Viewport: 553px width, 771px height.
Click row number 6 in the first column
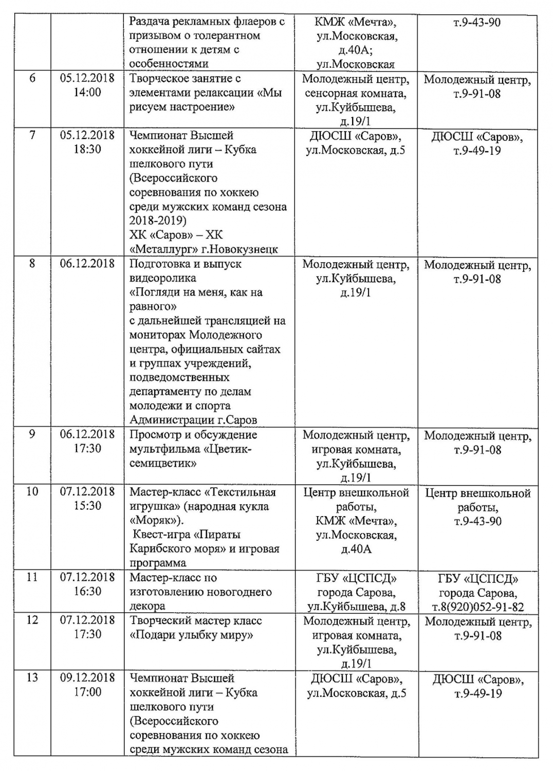tap(32, 79)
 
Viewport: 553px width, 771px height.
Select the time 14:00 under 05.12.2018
tap(87, 93)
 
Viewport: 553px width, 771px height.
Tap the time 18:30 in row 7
tap(87, 150)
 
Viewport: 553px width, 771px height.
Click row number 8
tap(32, 264)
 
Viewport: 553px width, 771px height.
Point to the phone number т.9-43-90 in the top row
tap(477, 23)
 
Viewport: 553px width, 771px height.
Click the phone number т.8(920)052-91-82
tap(477, 607)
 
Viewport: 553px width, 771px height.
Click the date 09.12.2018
tap(87, 677)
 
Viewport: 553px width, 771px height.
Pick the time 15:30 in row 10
tap(87, 506)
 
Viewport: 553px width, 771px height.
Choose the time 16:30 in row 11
tap(87, 591)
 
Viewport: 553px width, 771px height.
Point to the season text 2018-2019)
tap(158, 221)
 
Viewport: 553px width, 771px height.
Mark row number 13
tap(32, 677)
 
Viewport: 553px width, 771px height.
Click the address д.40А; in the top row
tap(356, 50)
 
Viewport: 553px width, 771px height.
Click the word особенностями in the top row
tap(169, 64)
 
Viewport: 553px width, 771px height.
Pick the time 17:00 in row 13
tap(87, 692)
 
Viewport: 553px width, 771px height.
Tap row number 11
tap(32, 577)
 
